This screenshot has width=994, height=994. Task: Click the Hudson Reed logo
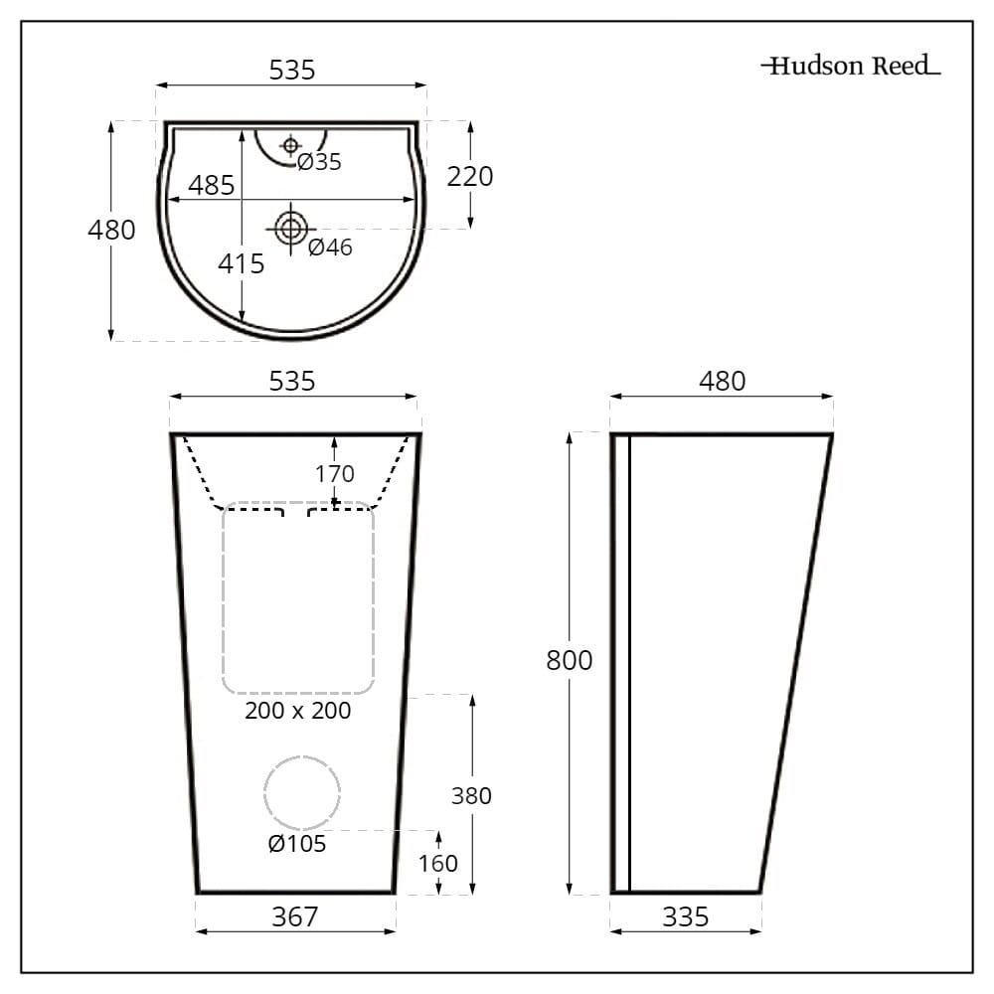click(850, 67)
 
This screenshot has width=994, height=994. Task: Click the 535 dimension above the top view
click(292, 71)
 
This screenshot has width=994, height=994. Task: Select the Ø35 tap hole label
click(319, 162)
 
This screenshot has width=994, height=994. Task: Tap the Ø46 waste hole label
click(330, 248)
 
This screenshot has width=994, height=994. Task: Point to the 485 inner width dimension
click(211, 185)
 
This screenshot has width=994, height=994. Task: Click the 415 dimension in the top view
click(242, 263)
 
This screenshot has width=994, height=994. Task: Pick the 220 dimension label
click(469, 177)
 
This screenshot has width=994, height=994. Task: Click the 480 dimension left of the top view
click(111, 230)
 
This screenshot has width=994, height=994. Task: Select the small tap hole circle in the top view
click(290, 146)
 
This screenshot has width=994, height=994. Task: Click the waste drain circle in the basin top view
click(290, 229)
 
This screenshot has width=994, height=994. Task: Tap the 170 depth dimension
click(334, 474)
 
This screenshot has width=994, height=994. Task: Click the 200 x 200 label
click(298, 711)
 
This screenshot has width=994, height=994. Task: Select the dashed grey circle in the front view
click(302, 792)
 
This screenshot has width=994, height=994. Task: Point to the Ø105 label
click(296, 844)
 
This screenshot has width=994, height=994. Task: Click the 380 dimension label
click(471, 796)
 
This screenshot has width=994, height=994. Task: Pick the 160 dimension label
click(438, 863)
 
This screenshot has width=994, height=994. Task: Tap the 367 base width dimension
click(295, 916)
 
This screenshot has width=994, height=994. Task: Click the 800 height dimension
click(569, 661)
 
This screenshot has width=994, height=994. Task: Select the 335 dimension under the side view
click(686, 916)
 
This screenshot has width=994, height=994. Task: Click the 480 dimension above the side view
click(722, 382)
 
